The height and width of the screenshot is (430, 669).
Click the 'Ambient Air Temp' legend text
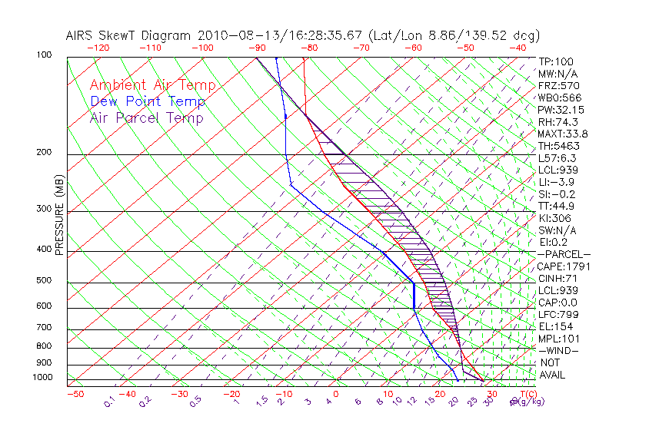pyautogui.click(x=152, y=85)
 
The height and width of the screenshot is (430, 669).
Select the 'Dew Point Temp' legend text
pyautogui.click(x=148, y=101)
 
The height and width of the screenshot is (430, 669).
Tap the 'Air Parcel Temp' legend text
pyautogui.click(x=146, y=117)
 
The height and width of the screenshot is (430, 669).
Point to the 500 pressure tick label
pyautogui.click(x=45, y=281)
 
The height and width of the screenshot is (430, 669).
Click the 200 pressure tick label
pyautogui.click(x=45, y=153)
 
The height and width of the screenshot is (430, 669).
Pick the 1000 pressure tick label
pyautogui.click(x=43, y=378)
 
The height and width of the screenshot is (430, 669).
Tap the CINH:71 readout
pyautogui.click(x=559, y=278)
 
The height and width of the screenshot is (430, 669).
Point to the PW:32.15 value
pyautogui.click(x=561, y=110)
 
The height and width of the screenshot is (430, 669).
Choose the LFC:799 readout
pyautogui.click(x=558, y=314)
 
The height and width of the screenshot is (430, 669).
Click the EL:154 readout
pyautogui.click(x=556, y=326)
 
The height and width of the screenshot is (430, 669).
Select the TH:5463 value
pyautogui.click(x=559, y=146)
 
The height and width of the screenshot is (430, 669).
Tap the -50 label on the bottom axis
pyautogui.click(x=75, y=394)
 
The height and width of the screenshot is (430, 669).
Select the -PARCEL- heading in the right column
pyautogui.click(x=564, y=254)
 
